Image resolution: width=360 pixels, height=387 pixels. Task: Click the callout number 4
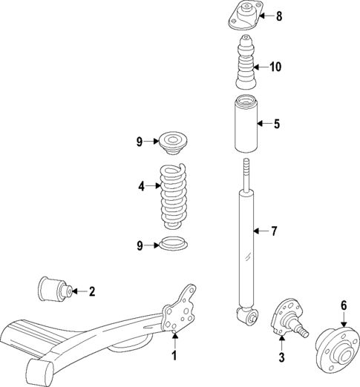point(141,188)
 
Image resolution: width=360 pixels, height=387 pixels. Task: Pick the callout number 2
point(92,291)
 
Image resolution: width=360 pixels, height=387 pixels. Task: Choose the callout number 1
point(175,356)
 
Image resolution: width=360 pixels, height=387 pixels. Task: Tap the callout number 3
point(281,358)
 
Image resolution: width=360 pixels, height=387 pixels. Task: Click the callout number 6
point(344,305)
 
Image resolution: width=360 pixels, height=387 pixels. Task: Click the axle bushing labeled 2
point(53,287)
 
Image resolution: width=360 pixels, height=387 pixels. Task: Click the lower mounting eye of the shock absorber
point(247,317)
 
